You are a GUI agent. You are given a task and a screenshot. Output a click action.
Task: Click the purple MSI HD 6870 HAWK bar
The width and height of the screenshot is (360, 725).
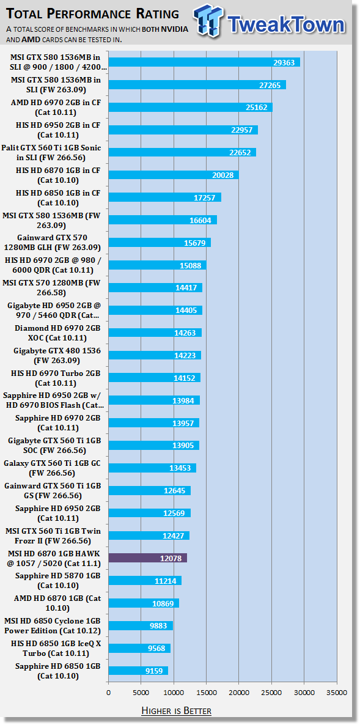pos(147,558)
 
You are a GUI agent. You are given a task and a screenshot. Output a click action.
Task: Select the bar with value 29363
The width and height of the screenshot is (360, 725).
pos(204,62)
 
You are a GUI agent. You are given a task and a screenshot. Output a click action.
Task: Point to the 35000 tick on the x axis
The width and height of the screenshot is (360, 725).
pos(336,692)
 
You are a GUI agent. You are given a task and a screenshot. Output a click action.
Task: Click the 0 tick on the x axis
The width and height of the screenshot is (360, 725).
pos(109,692)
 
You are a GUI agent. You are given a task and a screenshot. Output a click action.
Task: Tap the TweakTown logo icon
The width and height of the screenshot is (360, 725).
pos(208,21)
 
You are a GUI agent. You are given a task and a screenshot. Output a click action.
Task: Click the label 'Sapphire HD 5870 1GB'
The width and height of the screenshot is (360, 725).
pos(58,580)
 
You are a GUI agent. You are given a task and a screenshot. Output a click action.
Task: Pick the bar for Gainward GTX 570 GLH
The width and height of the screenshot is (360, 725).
pos(160,243)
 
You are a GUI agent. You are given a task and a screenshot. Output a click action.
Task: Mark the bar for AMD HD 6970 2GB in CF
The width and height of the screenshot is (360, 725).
pos(191,107)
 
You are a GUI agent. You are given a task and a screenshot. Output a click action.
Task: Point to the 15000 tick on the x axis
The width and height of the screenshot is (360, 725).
pos(206,692)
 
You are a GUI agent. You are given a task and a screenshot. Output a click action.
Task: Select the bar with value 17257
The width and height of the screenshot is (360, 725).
pos(165,197)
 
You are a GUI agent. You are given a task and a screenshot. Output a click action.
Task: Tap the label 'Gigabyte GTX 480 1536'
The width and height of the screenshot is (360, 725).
pos(58,356)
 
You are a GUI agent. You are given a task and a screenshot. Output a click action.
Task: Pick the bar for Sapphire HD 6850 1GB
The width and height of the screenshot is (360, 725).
pos(138,671)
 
